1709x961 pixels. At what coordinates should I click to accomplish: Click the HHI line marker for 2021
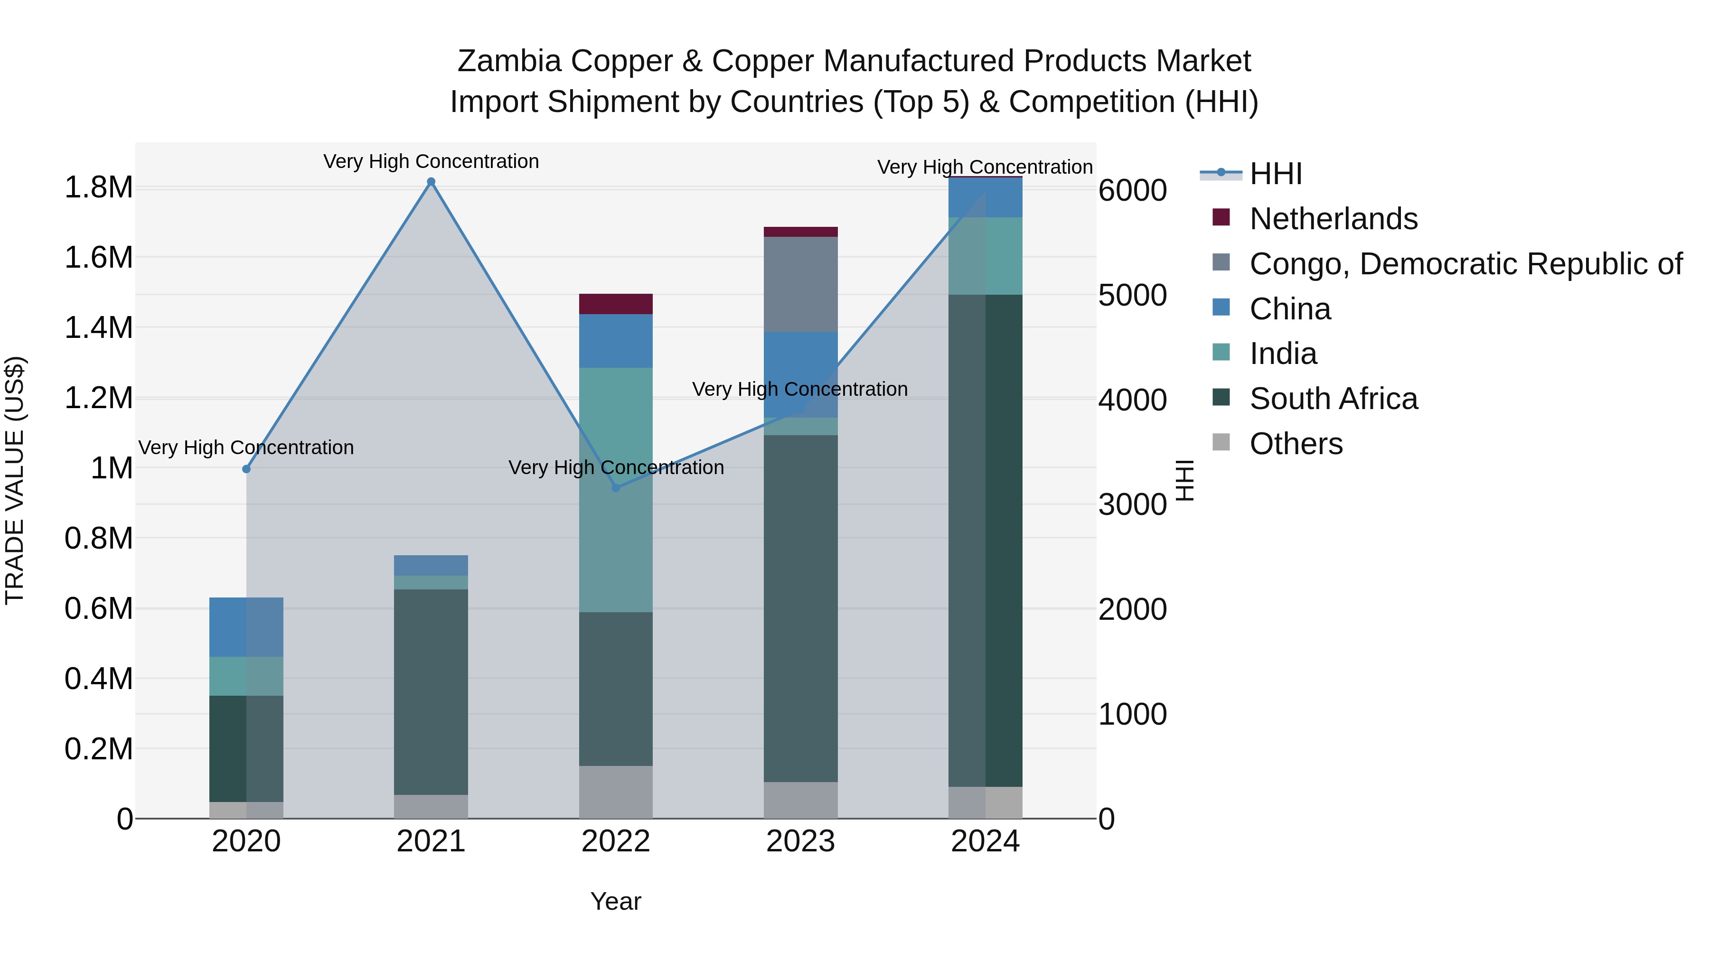431,182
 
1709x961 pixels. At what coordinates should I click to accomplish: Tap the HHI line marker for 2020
246,469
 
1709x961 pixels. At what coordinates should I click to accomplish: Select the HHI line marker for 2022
616,487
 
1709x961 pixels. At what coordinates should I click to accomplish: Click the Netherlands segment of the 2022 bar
616,304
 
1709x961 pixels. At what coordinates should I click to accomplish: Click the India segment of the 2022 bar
616,489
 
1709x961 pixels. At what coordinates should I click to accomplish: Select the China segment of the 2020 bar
246,627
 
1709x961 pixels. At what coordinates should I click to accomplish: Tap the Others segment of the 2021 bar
431,806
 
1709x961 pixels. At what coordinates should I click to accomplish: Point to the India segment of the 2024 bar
985,255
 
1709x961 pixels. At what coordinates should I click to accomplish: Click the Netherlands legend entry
1333,218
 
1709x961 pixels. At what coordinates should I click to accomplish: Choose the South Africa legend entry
1333,399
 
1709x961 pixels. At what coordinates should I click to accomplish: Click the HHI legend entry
1275,174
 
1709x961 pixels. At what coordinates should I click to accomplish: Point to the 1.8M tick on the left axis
98,187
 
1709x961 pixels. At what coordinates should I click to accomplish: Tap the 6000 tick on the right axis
1133,190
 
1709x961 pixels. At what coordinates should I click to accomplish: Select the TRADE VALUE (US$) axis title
15,480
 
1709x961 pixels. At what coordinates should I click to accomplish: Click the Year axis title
616,901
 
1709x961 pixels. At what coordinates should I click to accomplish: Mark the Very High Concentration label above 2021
431,161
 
